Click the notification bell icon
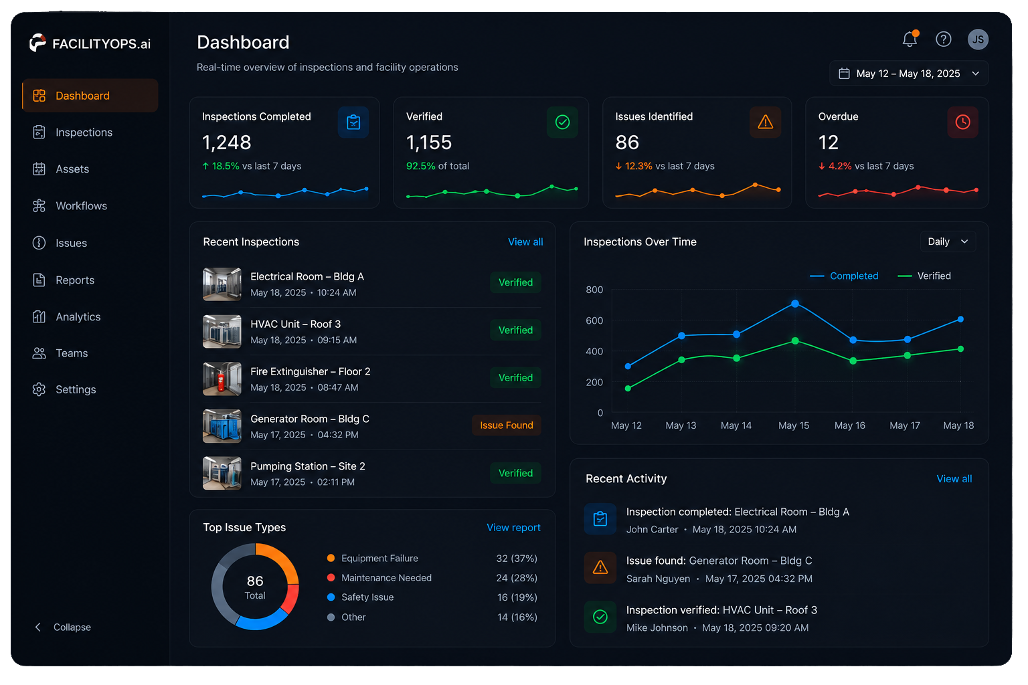[x=910, y=39]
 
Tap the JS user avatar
[x=978, y=39]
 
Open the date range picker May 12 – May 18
[x=909, y=74]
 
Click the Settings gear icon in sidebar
[x=39, y=389]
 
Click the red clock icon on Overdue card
[x=962, y=122]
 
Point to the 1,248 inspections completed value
[x=227, y=142]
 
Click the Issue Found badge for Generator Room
[x=507, y=425]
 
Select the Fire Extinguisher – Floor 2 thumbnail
[x=222, y=379]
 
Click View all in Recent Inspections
[x=525, y=241]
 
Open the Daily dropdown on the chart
[x=948, y=241]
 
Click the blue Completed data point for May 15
[x=795, y=304]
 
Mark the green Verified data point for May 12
[x=628, y=389]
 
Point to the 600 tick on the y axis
[x=594, y=320]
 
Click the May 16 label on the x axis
[x=849, y=425]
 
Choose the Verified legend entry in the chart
[x=924, y=276]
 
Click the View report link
[x=513, y=528]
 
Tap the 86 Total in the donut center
[x=255, y=587]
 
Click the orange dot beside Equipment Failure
[x=331, y=559]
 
